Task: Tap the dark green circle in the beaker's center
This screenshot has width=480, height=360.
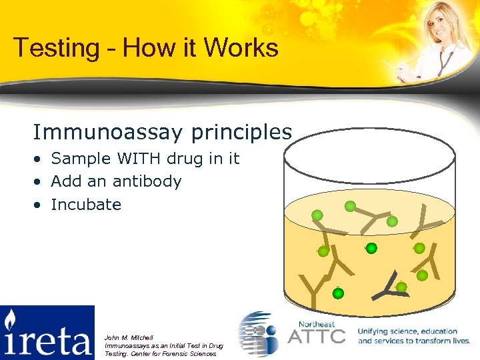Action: coord(371,248)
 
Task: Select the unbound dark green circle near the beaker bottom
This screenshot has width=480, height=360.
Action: coord(338,293)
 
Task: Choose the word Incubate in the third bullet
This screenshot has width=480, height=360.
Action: coord(86,205)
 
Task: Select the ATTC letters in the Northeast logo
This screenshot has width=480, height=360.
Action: coord(316,335)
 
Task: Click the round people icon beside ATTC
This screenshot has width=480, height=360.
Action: coord(260,334)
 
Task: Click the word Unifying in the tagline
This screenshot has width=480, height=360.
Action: coord(377,331)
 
